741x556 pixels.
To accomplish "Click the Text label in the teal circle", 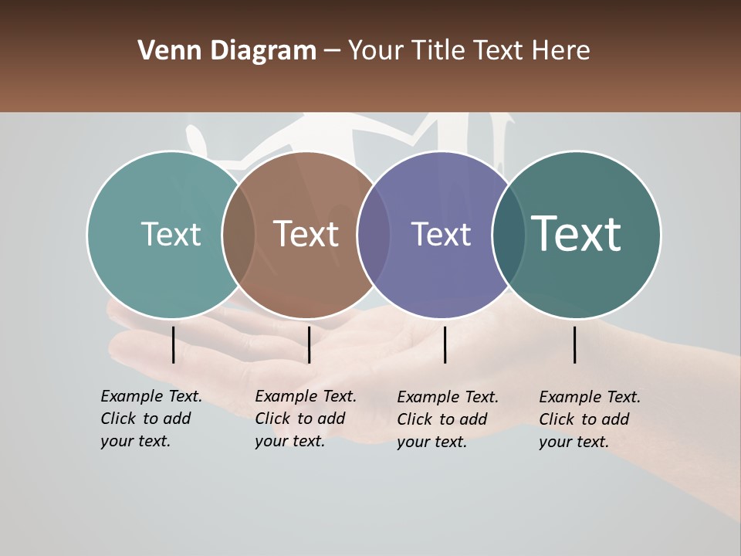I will coord(171,234).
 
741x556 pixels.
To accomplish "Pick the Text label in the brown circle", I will coord(306,234).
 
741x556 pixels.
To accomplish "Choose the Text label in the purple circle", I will coord(441,234).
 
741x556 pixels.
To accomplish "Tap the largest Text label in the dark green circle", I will coord(577,234).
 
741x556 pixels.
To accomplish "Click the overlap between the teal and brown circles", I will coord(239,234).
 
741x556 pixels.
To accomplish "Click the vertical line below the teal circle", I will coord(173,344).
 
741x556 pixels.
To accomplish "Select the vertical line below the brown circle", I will coord(309,344).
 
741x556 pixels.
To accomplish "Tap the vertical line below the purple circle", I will coord(445,344).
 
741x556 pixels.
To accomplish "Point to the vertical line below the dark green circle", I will coord(575,344).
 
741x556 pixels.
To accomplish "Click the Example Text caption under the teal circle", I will coord(151,419).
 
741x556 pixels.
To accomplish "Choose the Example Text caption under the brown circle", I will coord(305,419).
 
